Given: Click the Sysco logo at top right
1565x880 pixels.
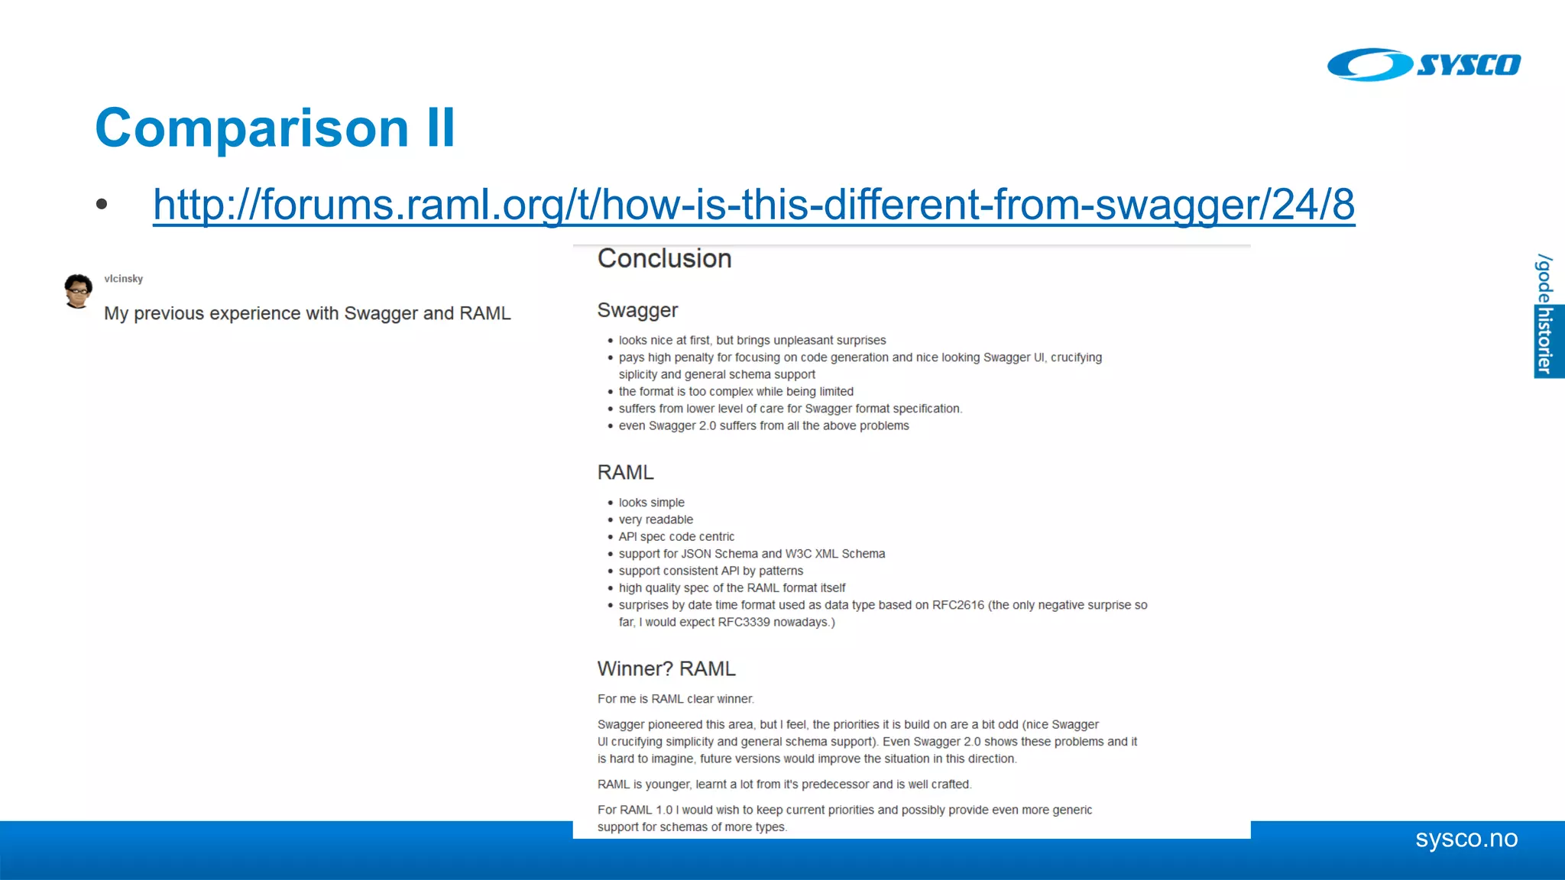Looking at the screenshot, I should pyautogui.click(x=1423, y=65).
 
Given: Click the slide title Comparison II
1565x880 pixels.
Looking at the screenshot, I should pyautogui.click(x=275, y=128).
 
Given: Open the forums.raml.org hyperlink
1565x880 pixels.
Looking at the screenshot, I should pyautogui.click(x=753, y=204).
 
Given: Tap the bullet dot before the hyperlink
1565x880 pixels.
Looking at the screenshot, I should pyautogui.click(x=102, y=204).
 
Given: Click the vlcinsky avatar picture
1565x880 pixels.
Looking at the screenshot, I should pyautogui.click(x=78, y=291).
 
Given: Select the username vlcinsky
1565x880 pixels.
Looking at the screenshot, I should pyautogui.click(x=124, y=279).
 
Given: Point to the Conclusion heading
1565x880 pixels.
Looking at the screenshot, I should pyautogui.click(x=664, y=259).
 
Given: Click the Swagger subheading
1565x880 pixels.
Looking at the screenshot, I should pyautogui.click(x=637, y=310).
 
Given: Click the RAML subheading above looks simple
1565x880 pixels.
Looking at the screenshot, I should pyautogui.click(x=625, y=472).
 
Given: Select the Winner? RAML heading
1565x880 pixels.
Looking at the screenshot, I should pyautogui.click(x=666, y=668).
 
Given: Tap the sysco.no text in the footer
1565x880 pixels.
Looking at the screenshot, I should pyautogui.click(x=1466, y=839).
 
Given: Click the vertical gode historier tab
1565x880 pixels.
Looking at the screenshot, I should pyautogui.click(x=1545, y=315).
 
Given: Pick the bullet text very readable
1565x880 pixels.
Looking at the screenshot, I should pyautogui.click(x=656, y=519).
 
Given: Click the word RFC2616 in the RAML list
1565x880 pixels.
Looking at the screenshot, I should pyautogui.click(x=957, y=605).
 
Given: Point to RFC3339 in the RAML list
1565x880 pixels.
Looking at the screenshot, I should pyautogui.click(x=744, y=622).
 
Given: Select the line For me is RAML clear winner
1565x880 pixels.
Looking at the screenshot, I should pyautogui.click(x=676, y=699).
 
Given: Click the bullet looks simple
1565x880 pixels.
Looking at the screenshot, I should pyautogui.click(x=651, y=503).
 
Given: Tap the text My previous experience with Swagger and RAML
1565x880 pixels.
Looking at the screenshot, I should pyautogui.click(x=307, y=313).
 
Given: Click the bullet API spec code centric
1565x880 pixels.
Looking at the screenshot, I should pyautogui.click(x=676, y=537).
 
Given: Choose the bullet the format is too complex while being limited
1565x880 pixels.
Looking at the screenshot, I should pyautogui.click(x=736, y=392).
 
